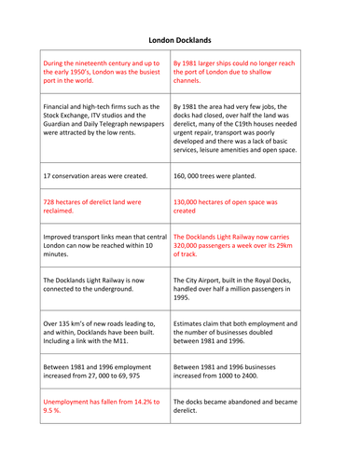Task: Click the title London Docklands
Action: coord(180,40)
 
